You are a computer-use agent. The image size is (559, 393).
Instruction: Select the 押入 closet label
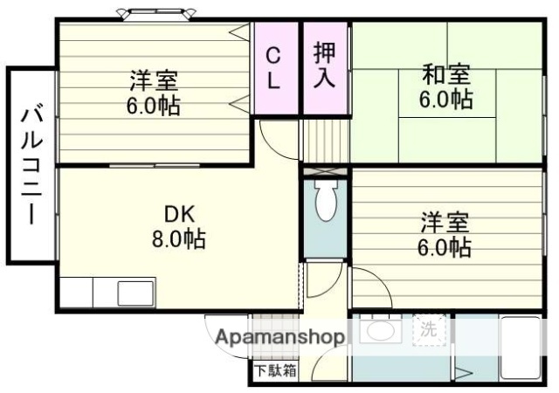click(325, 65)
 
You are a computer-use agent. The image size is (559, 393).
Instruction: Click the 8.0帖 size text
click(182, 238)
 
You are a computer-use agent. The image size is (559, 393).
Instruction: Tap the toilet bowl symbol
click(326, 202)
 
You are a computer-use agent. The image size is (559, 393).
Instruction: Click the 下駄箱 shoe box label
click(275, 370)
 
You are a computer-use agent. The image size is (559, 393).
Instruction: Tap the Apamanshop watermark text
click(279, 336)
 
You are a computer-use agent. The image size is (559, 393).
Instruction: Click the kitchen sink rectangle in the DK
click(135, 291)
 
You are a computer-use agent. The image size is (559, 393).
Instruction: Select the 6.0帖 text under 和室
click(445, 100)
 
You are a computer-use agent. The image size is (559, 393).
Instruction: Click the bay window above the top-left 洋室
click(155, 13)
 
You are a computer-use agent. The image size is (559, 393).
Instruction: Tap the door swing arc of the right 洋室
click(370, 284)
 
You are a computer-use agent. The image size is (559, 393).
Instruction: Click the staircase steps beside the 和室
click(325, 140)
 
